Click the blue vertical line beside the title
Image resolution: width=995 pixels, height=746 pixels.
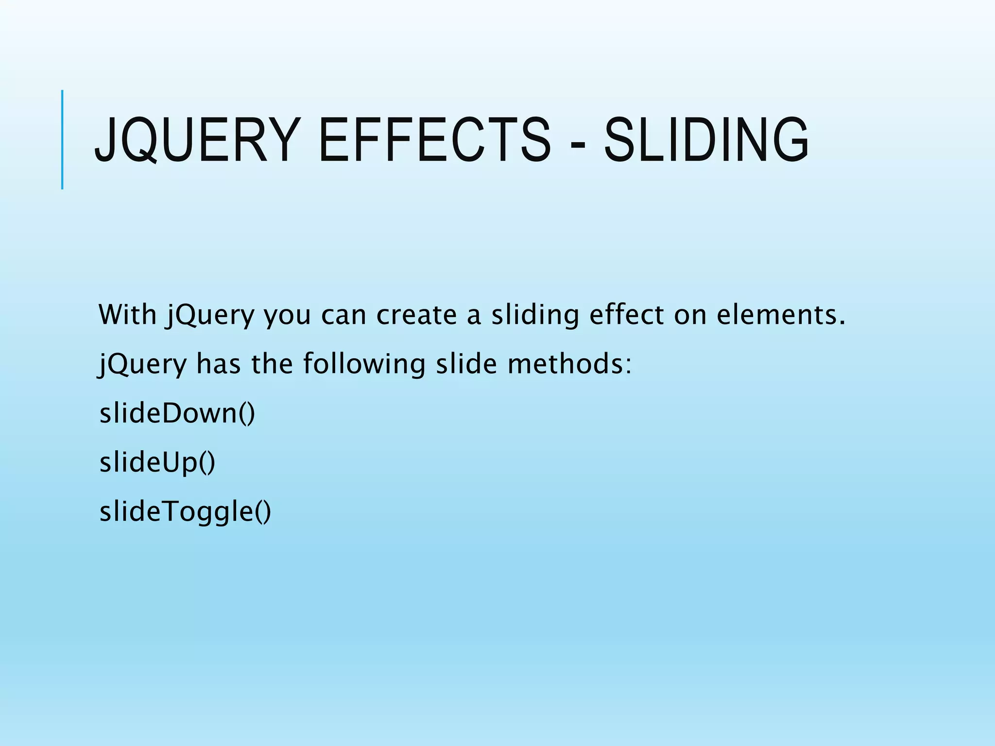[62, 140]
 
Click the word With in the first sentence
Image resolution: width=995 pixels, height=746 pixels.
[127, 314]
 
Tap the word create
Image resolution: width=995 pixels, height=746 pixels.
[416, 315]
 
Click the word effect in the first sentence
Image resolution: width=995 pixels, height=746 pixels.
[626, 314]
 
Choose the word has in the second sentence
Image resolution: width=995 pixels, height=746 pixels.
[218, 364]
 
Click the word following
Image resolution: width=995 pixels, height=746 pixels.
[364, 364]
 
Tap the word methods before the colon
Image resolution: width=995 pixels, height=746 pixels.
[566, 364]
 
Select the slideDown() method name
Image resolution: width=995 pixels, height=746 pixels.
[177, 413]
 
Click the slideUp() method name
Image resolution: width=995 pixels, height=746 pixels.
[157, 462]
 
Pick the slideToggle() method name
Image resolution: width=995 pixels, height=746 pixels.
[185, 512]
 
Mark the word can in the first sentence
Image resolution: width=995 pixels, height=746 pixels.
[343, 315]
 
